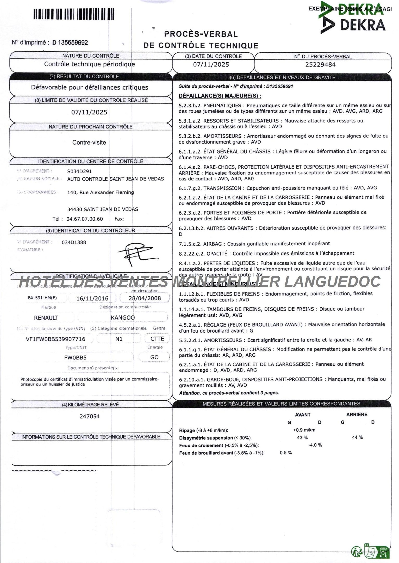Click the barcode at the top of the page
pos(74,14)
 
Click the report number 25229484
pos(320,64)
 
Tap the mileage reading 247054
pos(90,416)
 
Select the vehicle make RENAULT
pos(46,318)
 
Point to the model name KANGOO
pos(123,317)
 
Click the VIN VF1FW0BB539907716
pos(55,339)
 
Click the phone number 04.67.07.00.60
pos(85,219)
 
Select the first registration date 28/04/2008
pos(145,298)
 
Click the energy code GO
pos(154,357)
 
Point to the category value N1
pos(119,339)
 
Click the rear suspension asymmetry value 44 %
pos(357,437)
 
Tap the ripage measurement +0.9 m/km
pos(304,430)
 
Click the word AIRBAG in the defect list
pos(213,244)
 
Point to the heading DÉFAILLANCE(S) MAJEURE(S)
pos(220,96)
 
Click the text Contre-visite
pos(89,142)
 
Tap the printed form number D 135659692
pos(70,42)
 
